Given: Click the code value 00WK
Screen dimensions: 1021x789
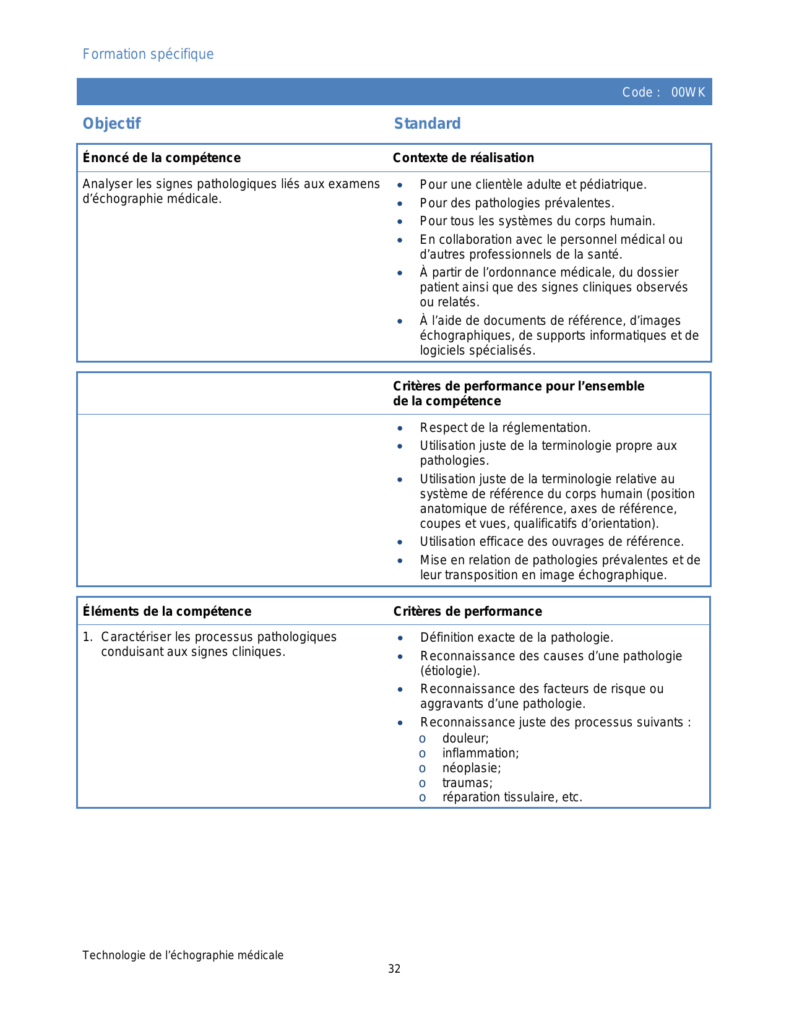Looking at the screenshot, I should tap(688, 93).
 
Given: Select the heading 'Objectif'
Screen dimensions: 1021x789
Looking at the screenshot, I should tap(112, 124).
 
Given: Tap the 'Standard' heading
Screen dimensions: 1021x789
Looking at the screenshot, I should tap(427, 124).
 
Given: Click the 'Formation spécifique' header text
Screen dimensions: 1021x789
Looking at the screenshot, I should tap(148, 54).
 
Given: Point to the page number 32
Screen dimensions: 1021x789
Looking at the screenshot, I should tap(394, 969).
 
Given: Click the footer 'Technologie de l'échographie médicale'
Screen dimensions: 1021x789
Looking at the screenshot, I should tap(183, 955).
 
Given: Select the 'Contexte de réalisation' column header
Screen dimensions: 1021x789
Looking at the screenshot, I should tap(463, 158).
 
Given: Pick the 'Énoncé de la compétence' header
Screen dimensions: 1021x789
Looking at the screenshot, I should tap(162, 158).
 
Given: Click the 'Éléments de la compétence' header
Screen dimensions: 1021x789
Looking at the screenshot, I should tap(167, 611).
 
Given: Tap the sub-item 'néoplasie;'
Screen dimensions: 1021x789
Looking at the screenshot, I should tap(471, 768).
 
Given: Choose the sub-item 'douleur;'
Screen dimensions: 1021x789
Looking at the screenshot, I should tap(465, 738).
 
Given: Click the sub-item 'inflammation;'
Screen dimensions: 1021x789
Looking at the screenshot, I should tap(480, 753).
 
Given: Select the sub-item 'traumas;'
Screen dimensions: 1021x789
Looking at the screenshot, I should tap(467, 783).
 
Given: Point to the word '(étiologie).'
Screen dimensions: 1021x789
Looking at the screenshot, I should tap(450, 671).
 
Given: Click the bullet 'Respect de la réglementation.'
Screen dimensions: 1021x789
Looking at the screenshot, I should tap(505, 428).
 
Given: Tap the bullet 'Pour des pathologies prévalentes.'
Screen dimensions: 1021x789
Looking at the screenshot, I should tap(517, 203).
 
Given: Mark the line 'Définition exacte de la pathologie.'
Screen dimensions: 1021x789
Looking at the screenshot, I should tap(517, 637).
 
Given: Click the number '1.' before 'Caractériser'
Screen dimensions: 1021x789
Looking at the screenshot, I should tap(88, 637).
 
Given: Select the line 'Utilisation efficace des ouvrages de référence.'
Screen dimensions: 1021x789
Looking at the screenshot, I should tap(551, 541).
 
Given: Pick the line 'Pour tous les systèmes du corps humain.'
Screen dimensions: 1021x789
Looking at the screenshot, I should tap(537, 221).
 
